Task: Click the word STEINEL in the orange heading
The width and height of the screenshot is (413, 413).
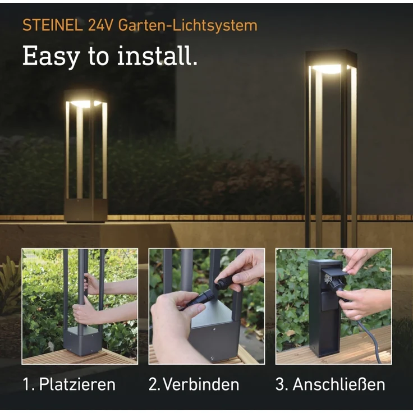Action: click(53, 25)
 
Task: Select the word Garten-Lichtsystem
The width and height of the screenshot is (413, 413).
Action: click(187, 25)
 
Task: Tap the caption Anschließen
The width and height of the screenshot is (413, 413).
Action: click(339, 384)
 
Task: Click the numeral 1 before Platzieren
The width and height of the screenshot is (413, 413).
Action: click(26, 384)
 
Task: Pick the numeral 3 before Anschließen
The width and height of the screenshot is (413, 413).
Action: click(281, 384)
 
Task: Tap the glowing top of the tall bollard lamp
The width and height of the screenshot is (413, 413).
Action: click(331, 68)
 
